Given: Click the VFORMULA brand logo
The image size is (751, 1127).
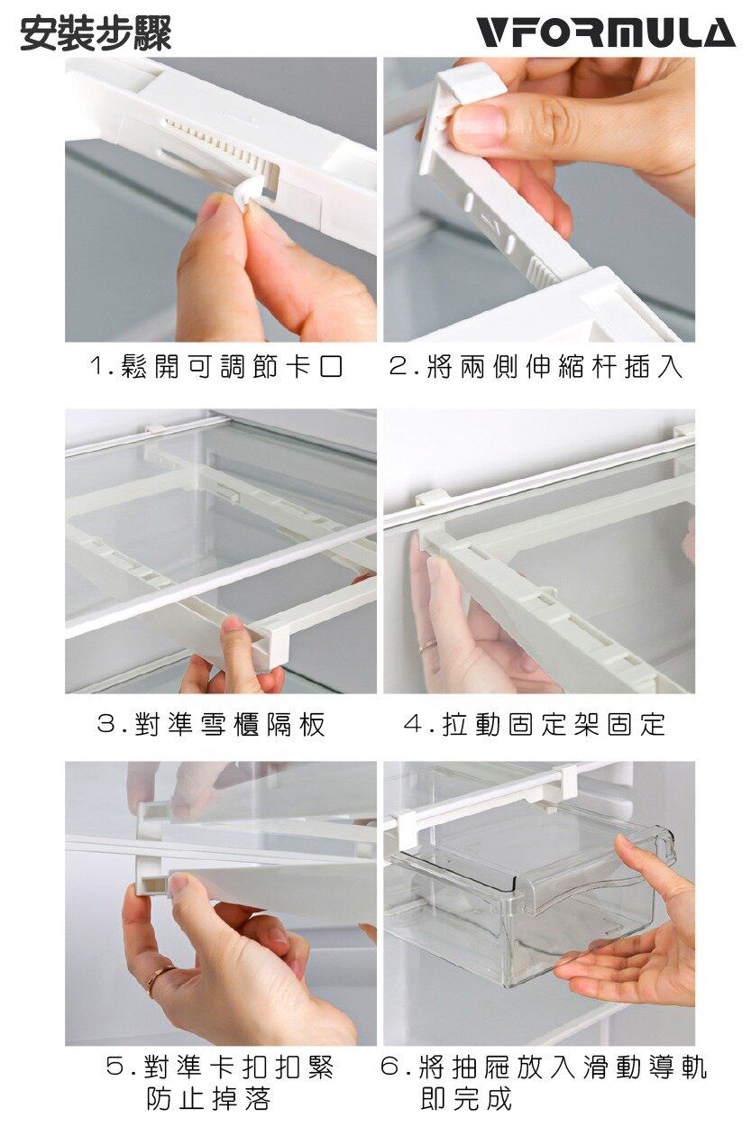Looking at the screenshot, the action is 605,32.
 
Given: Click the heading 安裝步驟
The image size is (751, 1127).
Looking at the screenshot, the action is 96,33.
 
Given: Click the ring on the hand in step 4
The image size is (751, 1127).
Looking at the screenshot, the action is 429,644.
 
